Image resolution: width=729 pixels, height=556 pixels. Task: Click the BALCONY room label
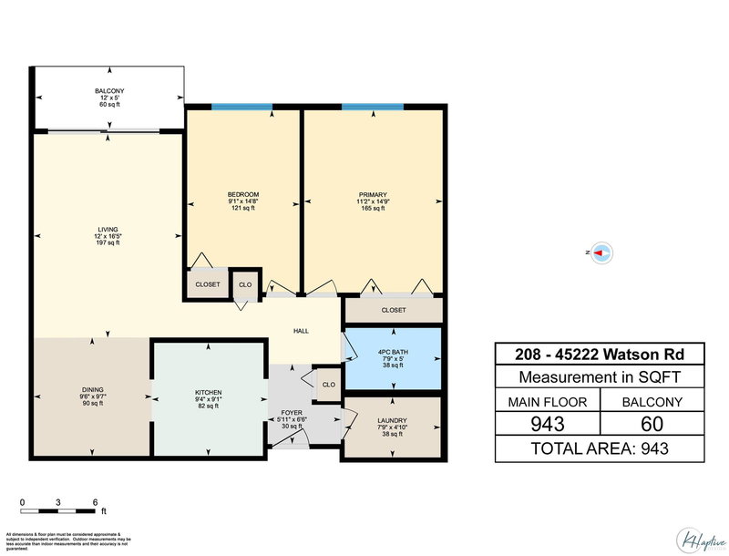(108, 91)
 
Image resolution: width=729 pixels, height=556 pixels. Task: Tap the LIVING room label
(108, 230)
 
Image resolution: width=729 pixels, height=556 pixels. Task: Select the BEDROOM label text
(243, 194)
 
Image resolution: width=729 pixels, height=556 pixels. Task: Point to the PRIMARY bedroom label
(373, 195)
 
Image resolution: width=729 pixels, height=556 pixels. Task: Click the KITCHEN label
(209, 393)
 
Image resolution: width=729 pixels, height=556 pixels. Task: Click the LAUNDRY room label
(392, 420)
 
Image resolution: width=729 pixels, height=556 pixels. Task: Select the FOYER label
(292, 412)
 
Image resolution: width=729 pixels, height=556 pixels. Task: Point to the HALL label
(300, 332)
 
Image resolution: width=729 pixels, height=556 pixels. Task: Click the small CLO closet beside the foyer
(328, 385)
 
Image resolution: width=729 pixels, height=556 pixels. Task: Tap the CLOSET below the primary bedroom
(394, 311)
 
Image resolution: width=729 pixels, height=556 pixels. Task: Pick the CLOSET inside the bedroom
(208, 284)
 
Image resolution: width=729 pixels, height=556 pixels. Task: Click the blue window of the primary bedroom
(373, 108)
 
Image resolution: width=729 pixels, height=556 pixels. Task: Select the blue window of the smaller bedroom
(241, 108)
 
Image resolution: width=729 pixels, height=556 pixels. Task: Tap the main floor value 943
(547, 424)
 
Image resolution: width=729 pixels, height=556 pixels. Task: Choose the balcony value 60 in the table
(651, 424)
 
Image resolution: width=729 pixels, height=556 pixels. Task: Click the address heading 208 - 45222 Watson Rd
(599, 354)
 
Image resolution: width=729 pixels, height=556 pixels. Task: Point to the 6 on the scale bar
(96, 502)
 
